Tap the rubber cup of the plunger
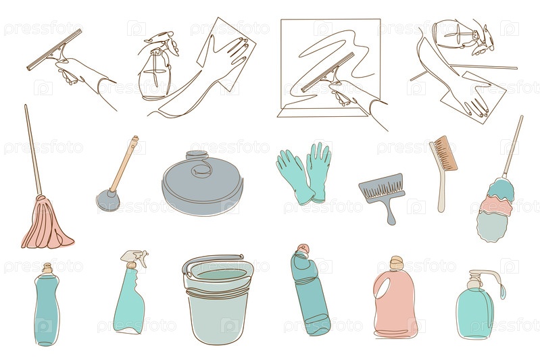coord(107,201)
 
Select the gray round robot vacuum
coord(203,183)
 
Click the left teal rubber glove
coord(295,176)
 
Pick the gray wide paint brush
coord(383,196)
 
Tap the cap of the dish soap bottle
coord(47,268)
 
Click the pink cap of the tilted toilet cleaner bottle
coord(303,248)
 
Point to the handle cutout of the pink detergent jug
coord(383,287)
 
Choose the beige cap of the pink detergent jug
coord(397,263)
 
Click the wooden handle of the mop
coord(33,150)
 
